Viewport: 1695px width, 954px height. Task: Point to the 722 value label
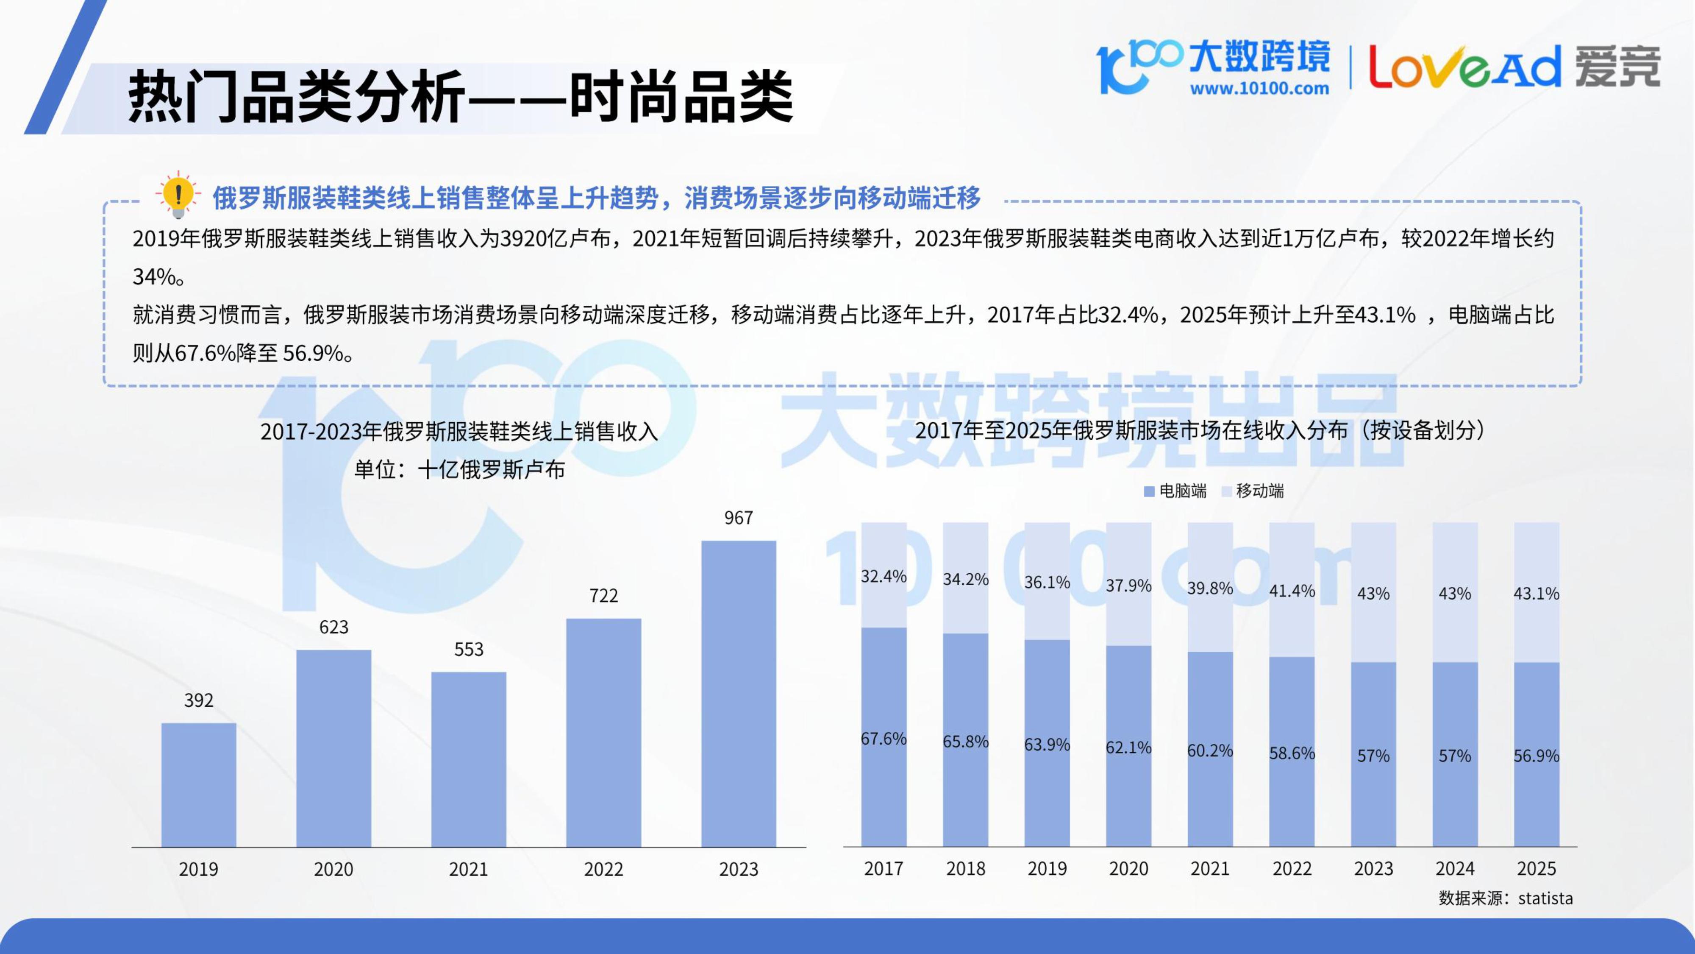tap(603, 596)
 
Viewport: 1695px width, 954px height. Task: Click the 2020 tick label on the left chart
tap(333, 869)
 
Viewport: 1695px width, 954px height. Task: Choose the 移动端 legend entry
tap(1253, 491)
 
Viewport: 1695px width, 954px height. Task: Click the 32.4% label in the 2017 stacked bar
tap(884, 577)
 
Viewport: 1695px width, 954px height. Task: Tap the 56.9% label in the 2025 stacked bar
tap(1537, 756)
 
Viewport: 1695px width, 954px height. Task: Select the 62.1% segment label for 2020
tap(1128, 748)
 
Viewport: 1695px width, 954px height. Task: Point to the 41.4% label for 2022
tap(1292, 591)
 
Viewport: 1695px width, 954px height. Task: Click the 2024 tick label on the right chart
tap(1455, 869)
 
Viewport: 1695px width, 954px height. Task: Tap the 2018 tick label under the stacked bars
tap(965, 869)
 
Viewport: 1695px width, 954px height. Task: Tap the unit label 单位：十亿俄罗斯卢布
tap(459, 469)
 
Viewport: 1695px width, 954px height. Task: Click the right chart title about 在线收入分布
tap(1200, 431)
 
